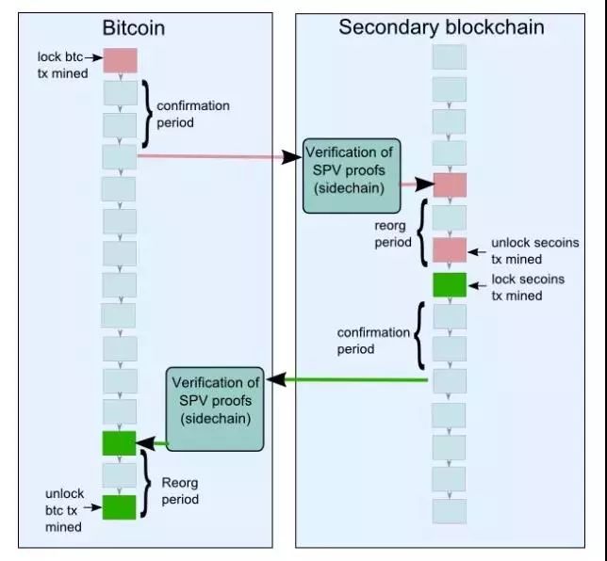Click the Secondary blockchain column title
(x=441, y=27)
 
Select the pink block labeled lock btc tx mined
(x=120, y=61)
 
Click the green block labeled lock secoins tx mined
(x=450, y=283)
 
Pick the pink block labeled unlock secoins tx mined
(x=450, y=251)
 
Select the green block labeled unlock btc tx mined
(x=120, y=506)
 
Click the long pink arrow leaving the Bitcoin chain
(x=217, y=156)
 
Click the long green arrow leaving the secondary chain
(x=349, y=380)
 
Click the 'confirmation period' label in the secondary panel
(x=374, y=341)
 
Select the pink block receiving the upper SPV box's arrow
(x=450, y=184)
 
